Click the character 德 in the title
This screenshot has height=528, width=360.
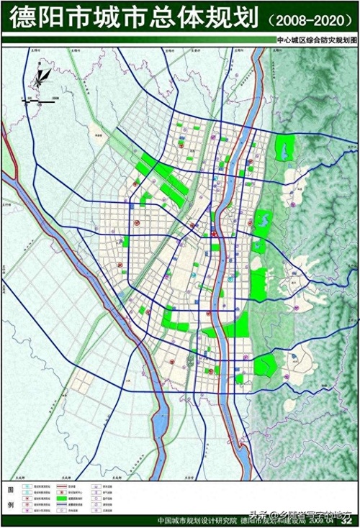pos(21,17)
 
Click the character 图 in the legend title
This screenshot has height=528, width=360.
pos(10,489)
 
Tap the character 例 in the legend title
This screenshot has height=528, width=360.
pos(10,504)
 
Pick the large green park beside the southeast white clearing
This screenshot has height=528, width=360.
pos(266,366)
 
